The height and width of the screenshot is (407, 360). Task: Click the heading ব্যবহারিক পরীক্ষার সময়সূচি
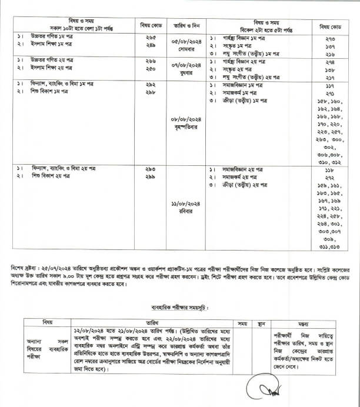(178, 308)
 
